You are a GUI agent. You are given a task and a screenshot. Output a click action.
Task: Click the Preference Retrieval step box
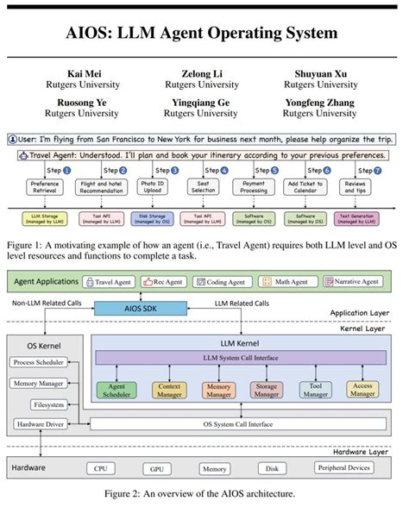[x=44, y=186]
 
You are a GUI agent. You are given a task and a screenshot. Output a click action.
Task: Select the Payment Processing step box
[x=253, y=186]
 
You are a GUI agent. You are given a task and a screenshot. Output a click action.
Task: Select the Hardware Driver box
[x=39, y=424]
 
